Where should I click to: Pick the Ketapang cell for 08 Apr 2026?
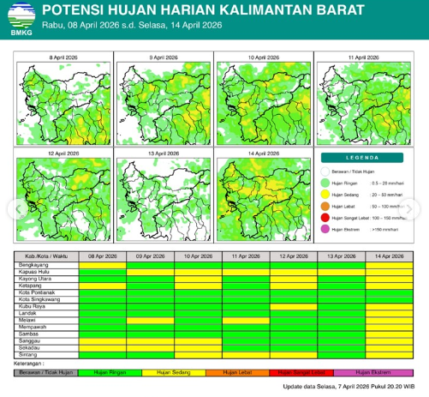pyautogui.click(x=102, y=286)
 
